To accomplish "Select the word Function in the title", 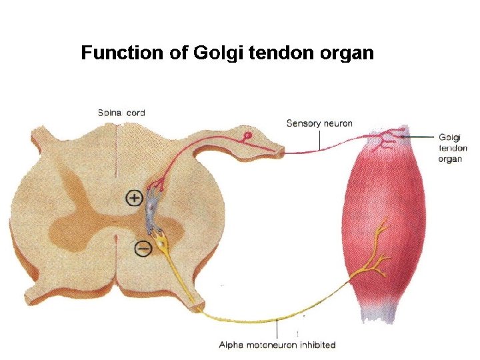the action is pos(124,53).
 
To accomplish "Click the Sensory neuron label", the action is pos(319,123).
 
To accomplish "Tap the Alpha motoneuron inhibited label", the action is pos(277,345).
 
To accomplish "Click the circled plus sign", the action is pos(135,197).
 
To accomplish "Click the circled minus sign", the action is pos(143,249).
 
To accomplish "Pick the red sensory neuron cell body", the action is pos(247,136).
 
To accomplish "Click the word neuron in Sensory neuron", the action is pos(337,123).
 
